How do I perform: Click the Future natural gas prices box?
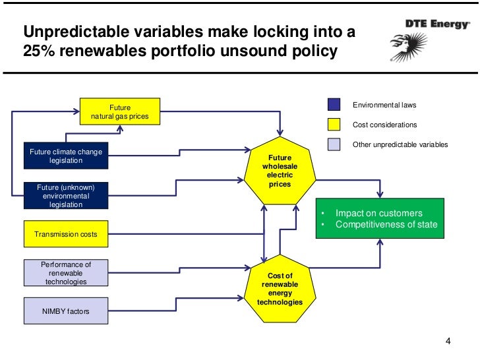click(x=120, y=112)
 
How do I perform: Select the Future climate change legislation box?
click(x=66, y=156)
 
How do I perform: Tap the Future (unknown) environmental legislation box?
click(x=66, y=196)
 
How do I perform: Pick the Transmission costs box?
click(x=66, y=233)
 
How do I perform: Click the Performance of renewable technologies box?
click(x=66, y=273)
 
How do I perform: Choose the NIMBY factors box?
click(x=66, y=311)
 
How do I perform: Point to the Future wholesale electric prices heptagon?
click(x=280, y=171)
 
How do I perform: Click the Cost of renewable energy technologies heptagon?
click(x=280, y=289)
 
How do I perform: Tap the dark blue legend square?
click(x=334, y=105)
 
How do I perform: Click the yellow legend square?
click(x=334, y=125)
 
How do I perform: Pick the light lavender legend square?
click(x=334, y=144)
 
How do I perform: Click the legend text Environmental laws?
click(x=384, y=105)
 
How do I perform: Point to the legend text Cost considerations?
click(x=385, y=125)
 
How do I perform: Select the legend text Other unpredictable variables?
click(x=400, y=144)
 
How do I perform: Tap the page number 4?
click(x=448, y=342)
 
